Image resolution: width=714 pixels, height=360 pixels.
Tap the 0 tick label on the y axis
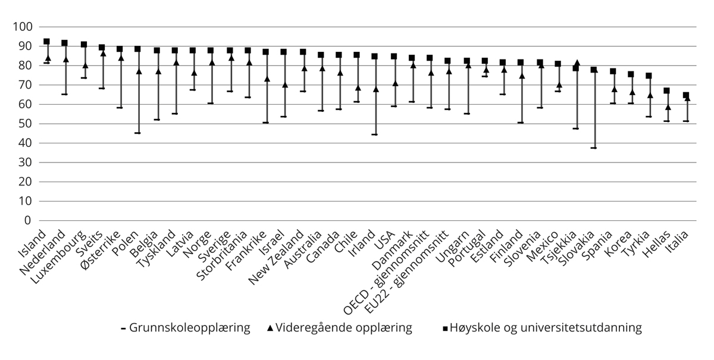pos(28,221)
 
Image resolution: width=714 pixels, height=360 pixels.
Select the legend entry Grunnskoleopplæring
pos(185,327)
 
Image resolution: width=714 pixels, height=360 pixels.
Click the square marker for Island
pos(46,42)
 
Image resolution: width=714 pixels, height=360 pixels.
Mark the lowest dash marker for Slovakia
pos(594,148)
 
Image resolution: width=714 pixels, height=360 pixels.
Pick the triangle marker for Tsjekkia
pos(576,62)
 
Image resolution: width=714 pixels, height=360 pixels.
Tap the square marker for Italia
pos(685,95)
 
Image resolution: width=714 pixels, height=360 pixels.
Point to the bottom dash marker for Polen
pos(137,133)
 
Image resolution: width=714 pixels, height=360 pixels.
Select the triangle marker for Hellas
pos(668,107)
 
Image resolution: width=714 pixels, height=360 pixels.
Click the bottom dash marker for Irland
pos(374,134)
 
